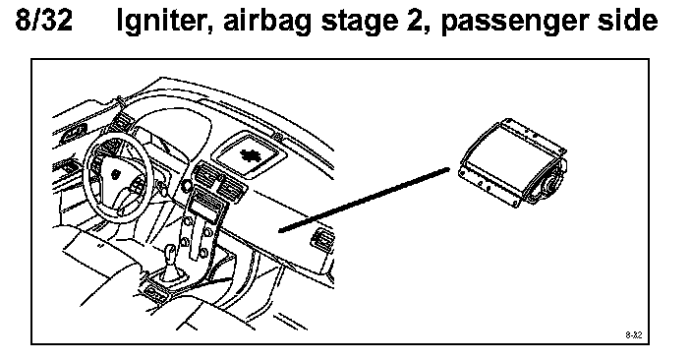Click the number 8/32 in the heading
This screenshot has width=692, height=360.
coord(44,21)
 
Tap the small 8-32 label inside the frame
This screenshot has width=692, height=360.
coord(634,335)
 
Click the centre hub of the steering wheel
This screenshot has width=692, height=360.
coord(116,174)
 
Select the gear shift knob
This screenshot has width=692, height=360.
coord(171,253)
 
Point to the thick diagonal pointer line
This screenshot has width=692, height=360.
coord(364,199)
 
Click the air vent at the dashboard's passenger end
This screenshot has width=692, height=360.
coord(322,238)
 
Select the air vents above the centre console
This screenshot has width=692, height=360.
coord(218,178)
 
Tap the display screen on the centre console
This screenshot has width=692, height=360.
coord(206,207)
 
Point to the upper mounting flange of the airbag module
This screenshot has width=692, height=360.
coord(536,134)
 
